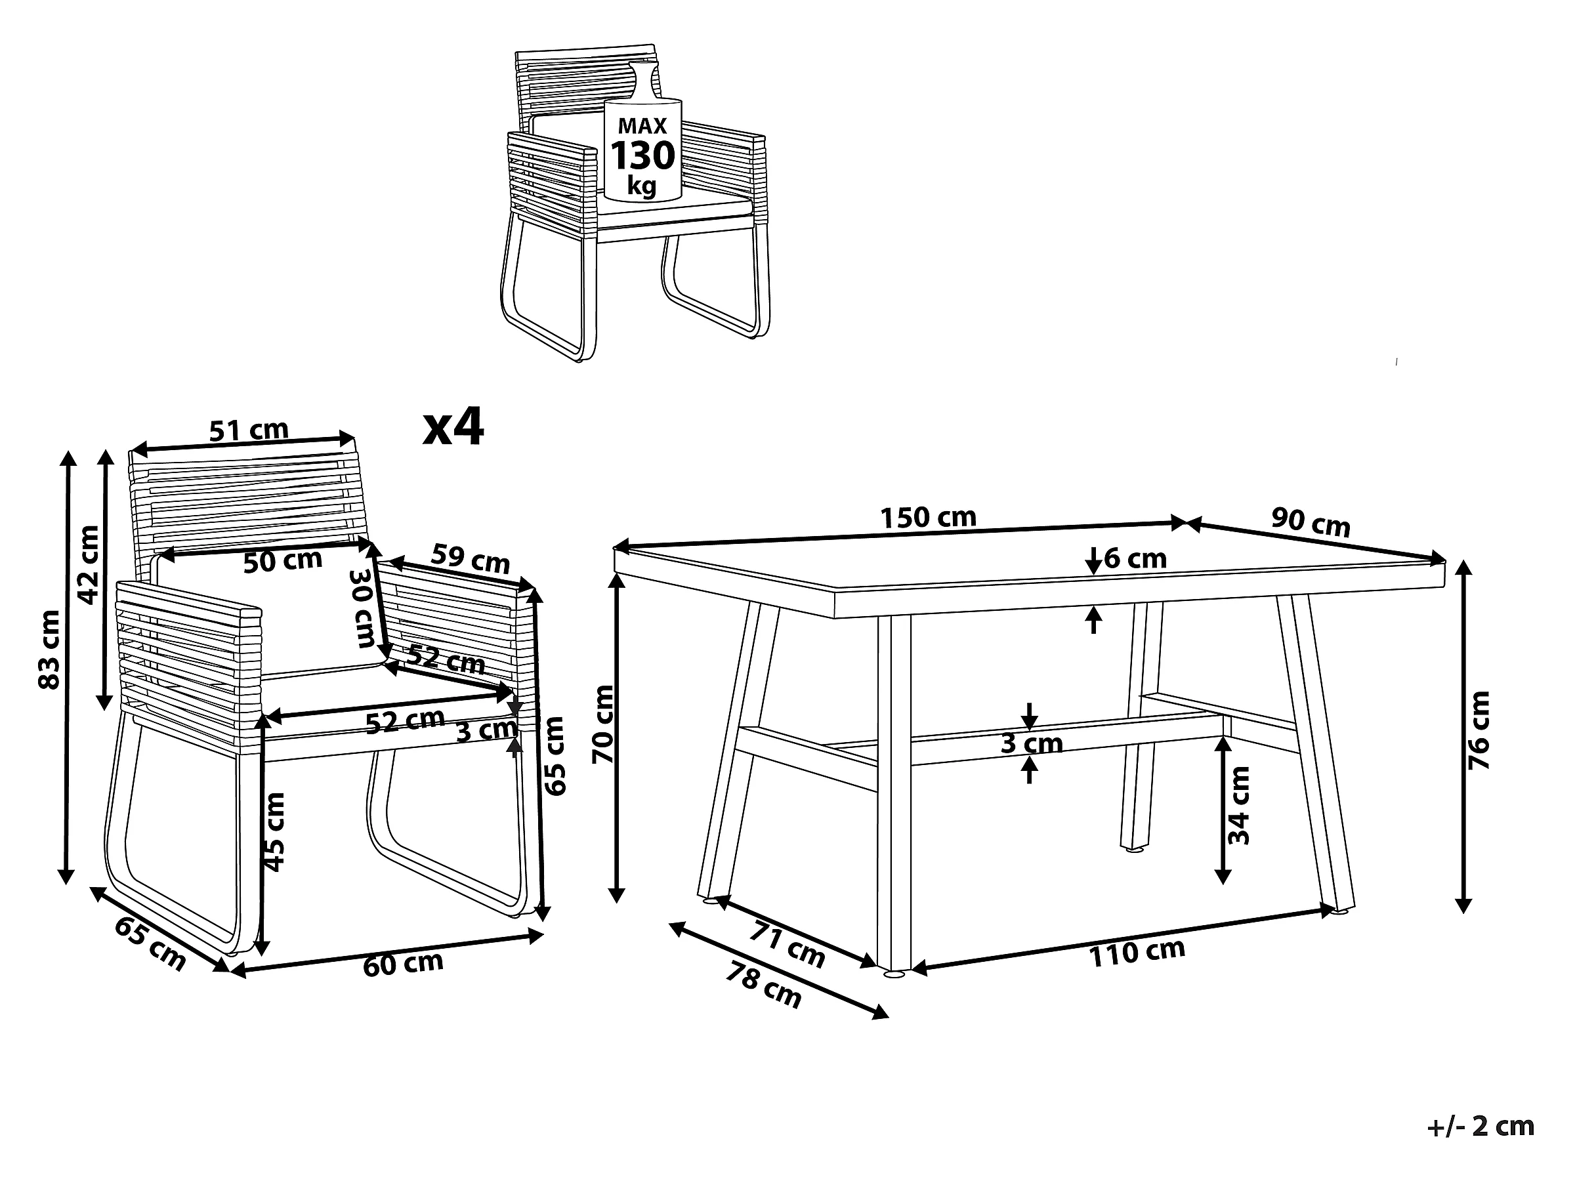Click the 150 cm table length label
tap(928, 518)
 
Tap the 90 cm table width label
tap(1311, 522)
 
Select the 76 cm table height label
tap(1480, 729)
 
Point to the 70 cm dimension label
tap(604, 724)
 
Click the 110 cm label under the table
tap(1137, 953)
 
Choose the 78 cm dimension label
tap(764, 986)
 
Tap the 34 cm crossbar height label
tap(1240, 805)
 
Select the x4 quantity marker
tap(453, 427)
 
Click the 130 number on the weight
tap(642, 156)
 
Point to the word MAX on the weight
tap(642, 126)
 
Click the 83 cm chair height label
tap(50, 650)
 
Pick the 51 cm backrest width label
tap(249, 430)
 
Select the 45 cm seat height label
tap(274, 831)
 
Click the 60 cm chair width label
tap(403, 964)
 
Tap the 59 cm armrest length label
tap(471, 559)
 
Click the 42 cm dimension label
tap(89, 564)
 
